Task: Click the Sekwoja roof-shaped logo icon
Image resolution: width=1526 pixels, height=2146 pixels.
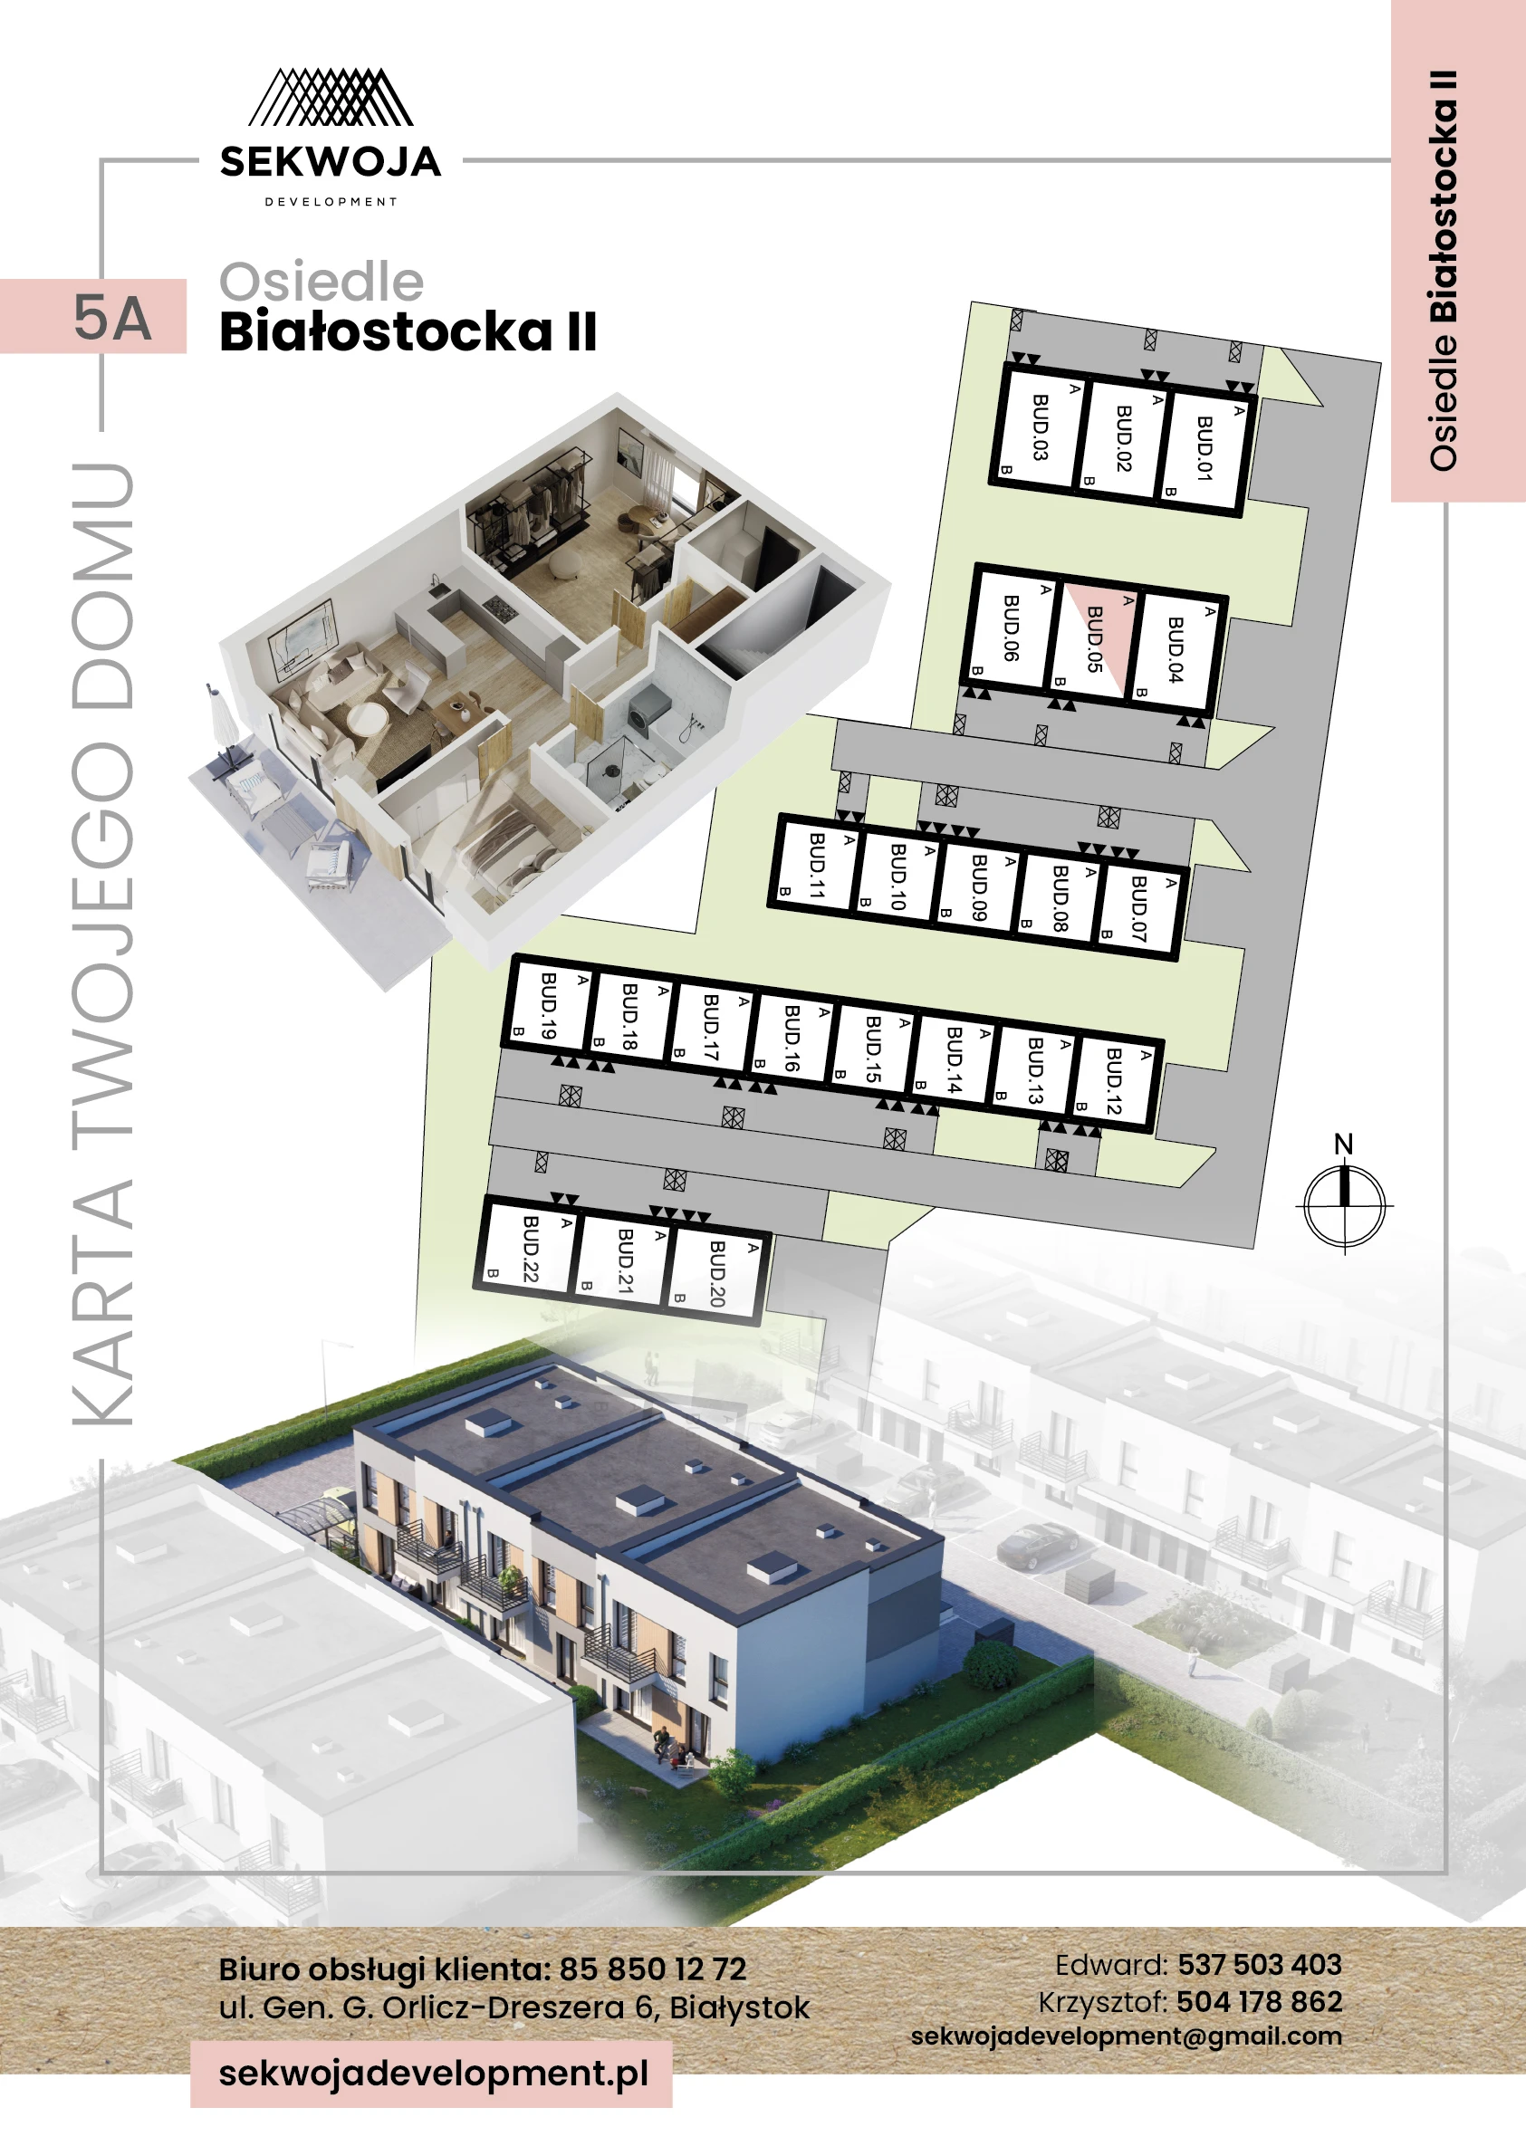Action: pos(330,98)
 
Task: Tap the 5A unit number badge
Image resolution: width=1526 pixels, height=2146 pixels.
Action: pos(110,318)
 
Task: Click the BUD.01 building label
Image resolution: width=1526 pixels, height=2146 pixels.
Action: pos(1204,448)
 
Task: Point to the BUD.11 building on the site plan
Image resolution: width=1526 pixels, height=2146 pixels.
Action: pos(817,866)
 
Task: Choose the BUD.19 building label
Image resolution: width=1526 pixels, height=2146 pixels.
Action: pos(549,1005)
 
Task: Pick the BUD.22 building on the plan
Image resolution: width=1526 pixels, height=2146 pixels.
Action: pos(530,1248)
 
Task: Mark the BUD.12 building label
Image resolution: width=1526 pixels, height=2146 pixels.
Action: pos(1114,1080)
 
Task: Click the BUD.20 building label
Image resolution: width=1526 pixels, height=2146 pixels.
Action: pos(717,1273)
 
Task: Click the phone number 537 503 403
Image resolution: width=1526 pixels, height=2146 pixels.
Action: pos(1259,1965)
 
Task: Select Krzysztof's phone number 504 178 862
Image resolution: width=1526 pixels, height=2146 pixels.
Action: pos(1258,2001)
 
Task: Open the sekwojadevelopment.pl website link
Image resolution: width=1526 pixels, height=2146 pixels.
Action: pos(433,2073)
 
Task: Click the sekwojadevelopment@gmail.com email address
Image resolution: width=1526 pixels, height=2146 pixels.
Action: pos(1126,2036)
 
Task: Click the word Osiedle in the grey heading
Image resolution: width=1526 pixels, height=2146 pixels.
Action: pos(322,282)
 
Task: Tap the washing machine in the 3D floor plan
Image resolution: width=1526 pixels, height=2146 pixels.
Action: pos(647,705)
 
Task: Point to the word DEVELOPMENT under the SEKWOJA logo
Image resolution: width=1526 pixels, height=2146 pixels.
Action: pos(331,202)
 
